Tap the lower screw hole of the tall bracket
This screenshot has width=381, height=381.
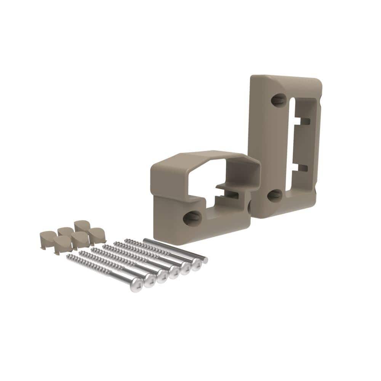275,195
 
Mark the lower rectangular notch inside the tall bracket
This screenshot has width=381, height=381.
303,168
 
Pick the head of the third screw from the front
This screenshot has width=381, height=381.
162,276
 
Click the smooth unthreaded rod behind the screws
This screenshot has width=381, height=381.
175,250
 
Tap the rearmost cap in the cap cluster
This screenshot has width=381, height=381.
81,226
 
